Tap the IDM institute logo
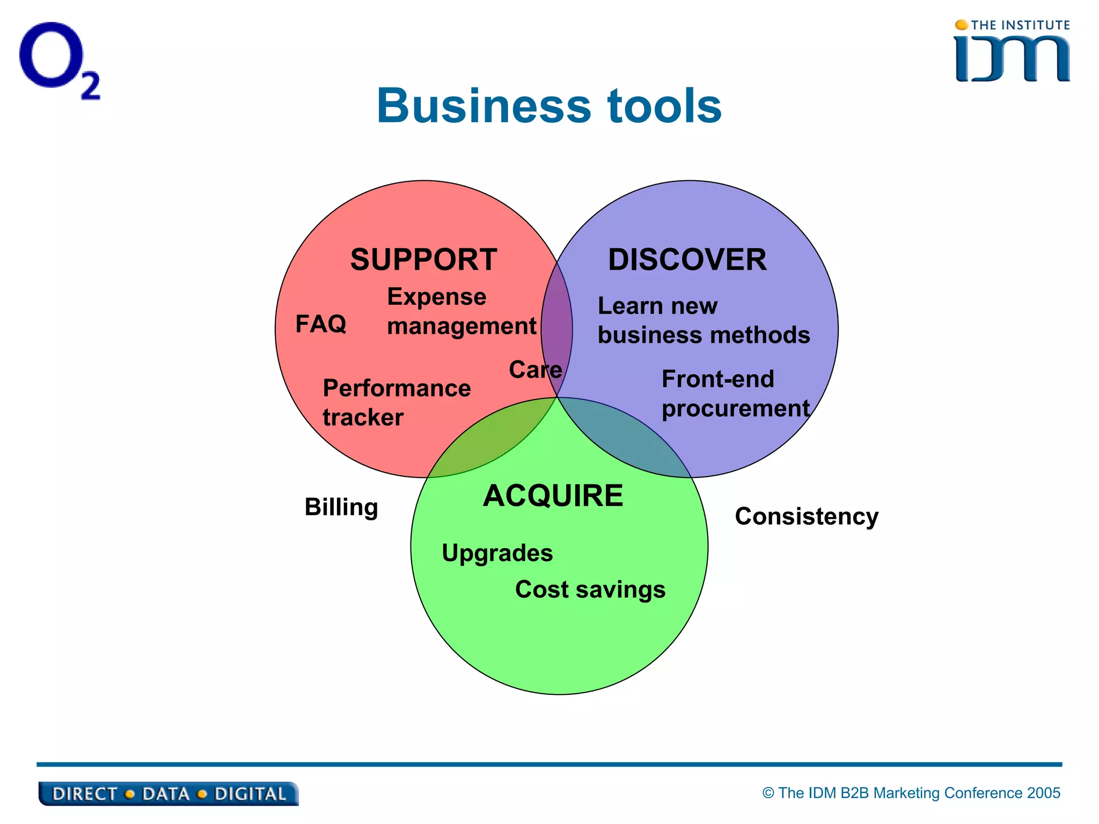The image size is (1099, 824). click(1012, 53)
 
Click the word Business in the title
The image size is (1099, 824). click(483, 106)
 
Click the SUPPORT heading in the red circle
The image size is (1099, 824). click(423, 260)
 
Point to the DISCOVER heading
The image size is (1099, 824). click(687, 260)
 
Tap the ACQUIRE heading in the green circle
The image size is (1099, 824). click(553, 495)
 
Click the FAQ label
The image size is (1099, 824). click(321, 324)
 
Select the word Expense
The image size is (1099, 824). click(436, 297)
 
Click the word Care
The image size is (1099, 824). click(534, 370)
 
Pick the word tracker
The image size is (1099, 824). click(363, 417)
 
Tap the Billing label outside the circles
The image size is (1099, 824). click(341, 507)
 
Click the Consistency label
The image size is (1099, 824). click(806, 516)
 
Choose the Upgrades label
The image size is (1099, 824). click(497, 553)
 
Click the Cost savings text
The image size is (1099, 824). click(590, 590)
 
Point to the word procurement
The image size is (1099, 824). click(735, 409)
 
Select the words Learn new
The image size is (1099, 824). click(657, 306)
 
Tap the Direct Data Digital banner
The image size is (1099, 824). click(168, 793)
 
